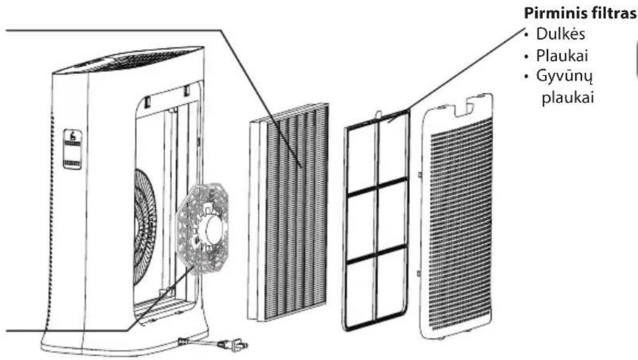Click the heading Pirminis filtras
580,14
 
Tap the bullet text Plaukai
562,56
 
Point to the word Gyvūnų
564,76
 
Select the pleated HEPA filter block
288,212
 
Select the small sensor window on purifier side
72,149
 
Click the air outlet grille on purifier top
134,59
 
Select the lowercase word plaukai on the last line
568,98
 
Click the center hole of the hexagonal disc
213,230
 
